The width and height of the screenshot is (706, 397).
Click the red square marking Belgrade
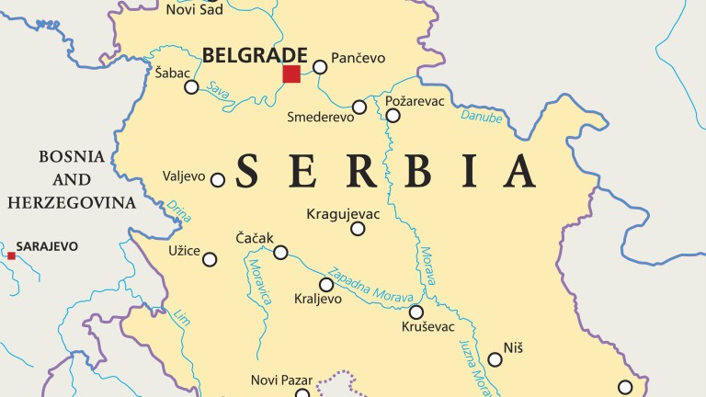(x=291, y=74)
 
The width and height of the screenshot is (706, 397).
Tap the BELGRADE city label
(x=255, y=55)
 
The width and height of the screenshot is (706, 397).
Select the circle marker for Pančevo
(x=320, y=67)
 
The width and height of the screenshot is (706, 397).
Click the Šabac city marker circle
(x=191, y=87)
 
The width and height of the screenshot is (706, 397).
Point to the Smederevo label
(x=319, y=118)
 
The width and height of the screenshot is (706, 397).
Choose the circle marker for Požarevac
(x=393, y=116)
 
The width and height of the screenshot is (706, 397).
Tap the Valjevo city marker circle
(x=218, y=180)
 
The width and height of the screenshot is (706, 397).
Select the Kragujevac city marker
(x=358, y=229)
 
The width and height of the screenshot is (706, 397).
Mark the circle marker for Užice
(x=210, y=260)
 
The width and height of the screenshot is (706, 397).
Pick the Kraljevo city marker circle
(x=326, y=285)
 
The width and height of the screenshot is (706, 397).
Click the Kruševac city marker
(x=416, y=312)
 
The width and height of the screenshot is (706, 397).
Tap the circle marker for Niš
(x=495, y=359)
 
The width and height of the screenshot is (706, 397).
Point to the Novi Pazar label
(x=282, y=380)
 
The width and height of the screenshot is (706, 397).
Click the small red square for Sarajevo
(x=12, y=255)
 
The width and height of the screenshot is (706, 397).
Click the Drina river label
(x=181, y=210)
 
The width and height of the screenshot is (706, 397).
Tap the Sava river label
(x=218, y=90)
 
